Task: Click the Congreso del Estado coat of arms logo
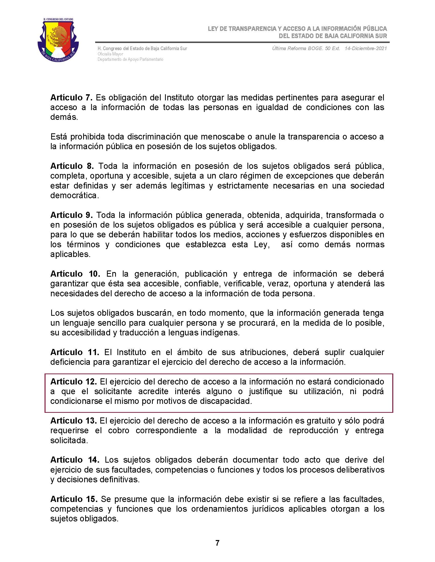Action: point(58,40)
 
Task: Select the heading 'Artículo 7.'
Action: point(71,98)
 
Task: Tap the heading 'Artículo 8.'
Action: point(72,166)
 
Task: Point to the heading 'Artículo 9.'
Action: point(71,215)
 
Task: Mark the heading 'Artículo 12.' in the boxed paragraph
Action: point(73,382)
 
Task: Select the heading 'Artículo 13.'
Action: point(73,421)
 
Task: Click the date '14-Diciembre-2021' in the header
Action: point(366,48)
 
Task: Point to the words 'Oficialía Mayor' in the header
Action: point(110,54)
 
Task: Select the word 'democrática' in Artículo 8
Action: point(74,196)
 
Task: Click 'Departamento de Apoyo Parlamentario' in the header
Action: point(130,60)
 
